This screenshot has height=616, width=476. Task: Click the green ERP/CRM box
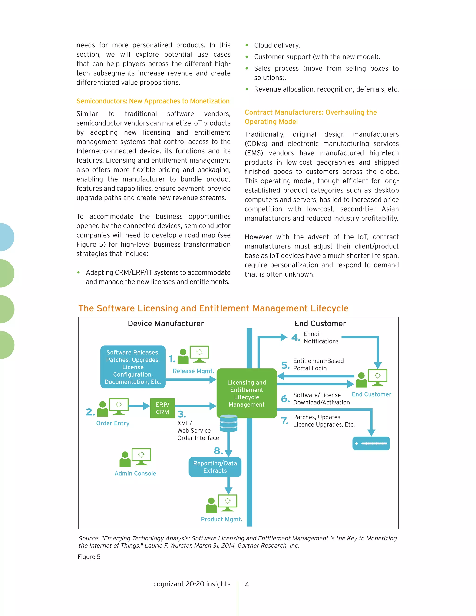(162, 408)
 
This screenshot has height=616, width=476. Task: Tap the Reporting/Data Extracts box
(215, 467)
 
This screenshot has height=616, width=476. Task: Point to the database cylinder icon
(228, 423)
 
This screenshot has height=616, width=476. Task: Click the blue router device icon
(371, 443)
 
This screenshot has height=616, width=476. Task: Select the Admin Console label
(135, 473)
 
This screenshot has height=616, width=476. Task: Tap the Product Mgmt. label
(221, 519)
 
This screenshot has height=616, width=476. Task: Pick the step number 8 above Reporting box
(218, 451)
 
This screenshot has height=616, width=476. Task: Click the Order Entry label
(112, 423)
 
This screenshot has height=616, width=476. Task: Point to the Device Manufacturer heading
(165, 324)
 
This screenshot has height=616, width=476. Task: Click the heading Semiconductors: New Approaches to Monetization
(153, 101)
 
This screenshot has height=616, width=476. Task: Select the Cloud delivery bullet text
(277, 45)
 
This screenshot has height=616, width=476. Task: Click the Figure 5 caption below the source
(89, 556)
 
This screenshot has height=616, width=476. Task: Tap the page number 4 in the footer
(247, 584)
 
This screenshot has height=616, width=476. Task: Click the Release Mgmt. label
(193, 371)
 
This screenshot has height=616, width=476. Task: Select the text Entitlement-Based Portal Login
(318, 364)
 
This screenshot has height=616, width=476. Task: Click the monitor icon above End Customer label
(377, 377)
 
